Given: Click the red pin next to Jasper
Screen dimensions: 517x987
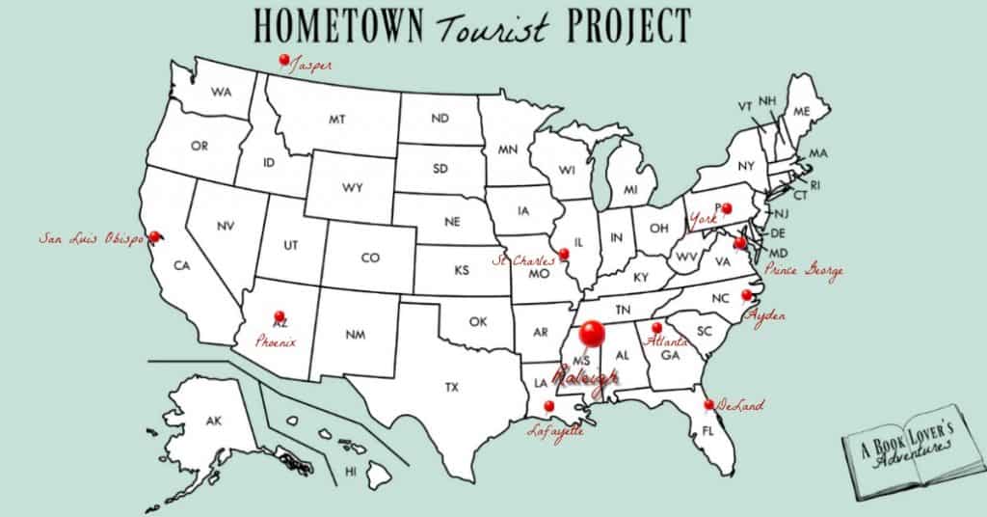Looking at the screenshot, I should pos(283,60).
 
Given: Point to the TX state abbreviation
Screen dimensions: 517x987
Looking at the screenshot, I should pos(452,388).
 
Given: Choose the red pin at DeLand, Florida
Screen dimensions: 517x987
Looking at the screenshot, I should pos(708,404).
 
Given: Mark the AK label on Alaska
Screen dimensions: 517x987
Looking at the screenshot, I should pos(214,422).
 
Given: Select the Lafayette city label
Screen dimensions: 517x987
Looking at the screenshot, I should pos(556,432).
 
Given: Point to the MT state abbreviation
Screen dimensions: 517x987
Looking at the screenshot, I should pos(336,121).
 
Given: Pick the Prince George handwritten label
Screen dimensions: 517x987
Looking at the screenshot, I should pos(803,272).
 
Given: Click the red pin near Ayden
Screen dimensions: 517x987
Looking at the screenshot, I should pos(746,295).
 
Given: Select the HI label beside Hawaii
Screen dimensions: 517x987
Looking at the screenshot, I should pos(351,472).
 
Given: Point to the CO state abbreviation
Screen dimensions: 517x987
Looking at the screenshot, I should pos(371,258).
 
